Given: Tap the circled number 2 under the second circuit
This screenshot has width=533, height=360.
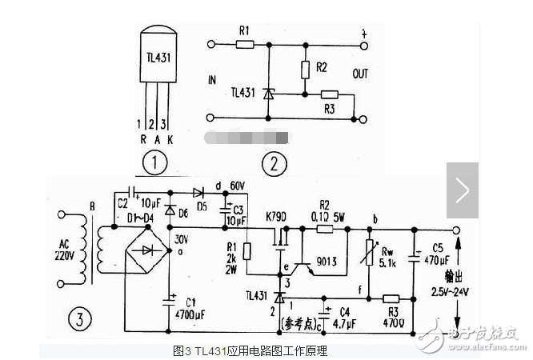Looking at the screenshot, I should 275,165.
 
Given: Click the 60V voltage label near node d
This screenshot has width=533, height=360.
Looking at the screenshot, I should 238,186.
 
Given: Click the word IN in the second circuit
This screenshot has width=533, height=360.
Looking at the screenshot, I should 212,80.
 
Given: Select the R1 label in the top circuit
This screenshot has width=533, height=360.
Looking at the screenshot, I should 244,32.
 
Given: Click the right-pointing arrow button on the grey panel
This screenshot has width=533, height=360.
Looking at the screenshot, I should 462,190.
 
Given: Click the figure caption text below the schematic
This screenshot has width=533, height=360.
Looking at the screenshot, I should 250,350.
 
